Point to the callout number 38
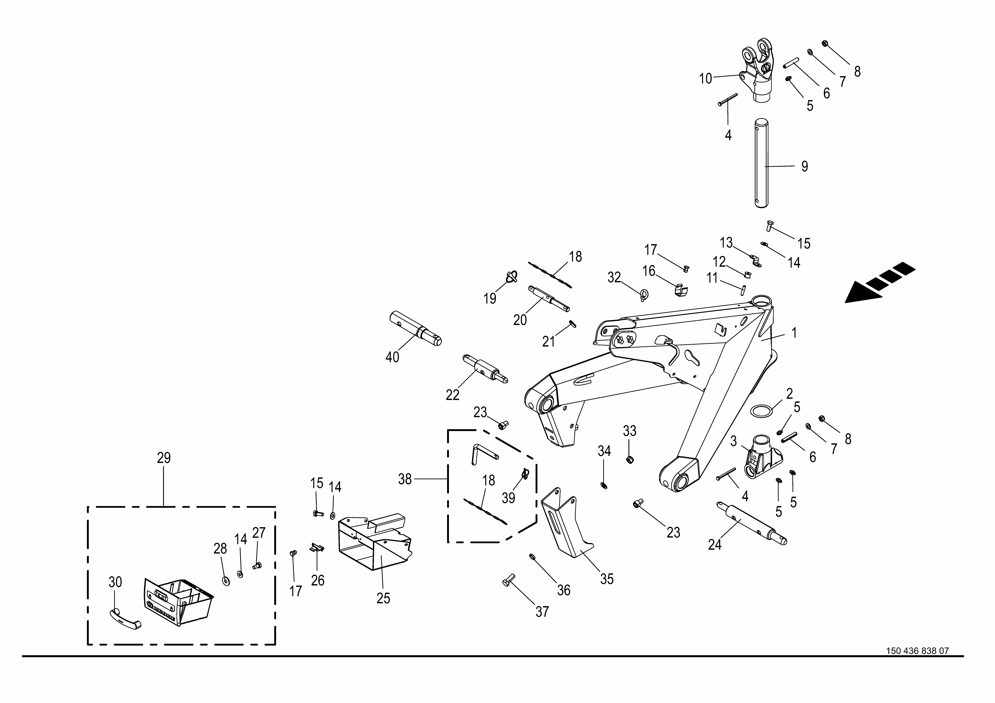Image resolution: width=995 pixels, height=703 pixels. click(405, 479)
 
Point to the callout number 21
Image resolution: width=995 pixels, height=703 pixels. click(548, 342)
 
